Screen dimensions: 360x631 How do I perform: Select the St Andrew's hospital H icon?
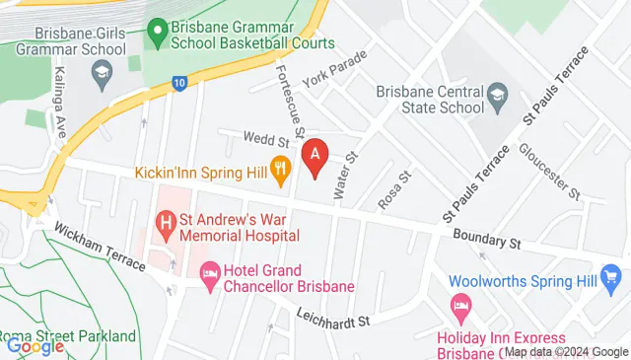pyautogui.click(x=167, y=223)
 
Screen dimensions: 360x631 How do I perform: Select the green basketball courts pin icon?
pyautogui.click(x=157, y=35)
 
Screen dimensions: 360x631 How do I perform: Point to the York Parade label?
pyautogui.click(x=334, y=69)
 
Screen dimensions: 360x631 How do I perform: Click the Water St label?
pyautogui.click(x=347, y=176)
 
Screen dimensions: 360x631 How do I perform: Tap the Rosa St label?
pyautogui.click(x=394, y=188)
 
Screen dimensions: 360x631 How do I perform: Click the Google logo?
pyautogui.click(x=35, y=345)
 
